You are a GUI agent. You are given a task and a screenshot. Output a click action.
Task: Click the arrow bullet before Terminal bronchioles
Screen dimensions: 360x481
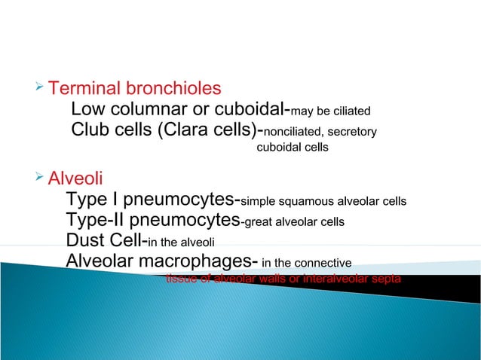[40, 88]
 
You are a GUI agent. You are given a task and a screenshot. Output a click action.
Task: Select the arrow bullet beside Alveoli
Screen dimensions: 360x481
[40, 178]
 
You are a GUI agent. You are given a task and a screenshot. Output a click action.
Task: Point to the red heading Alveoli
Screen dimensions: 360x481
[75, 180]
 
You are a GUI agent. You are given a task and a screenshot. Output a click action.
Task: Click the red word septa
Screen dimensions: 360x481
[387, 279]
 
